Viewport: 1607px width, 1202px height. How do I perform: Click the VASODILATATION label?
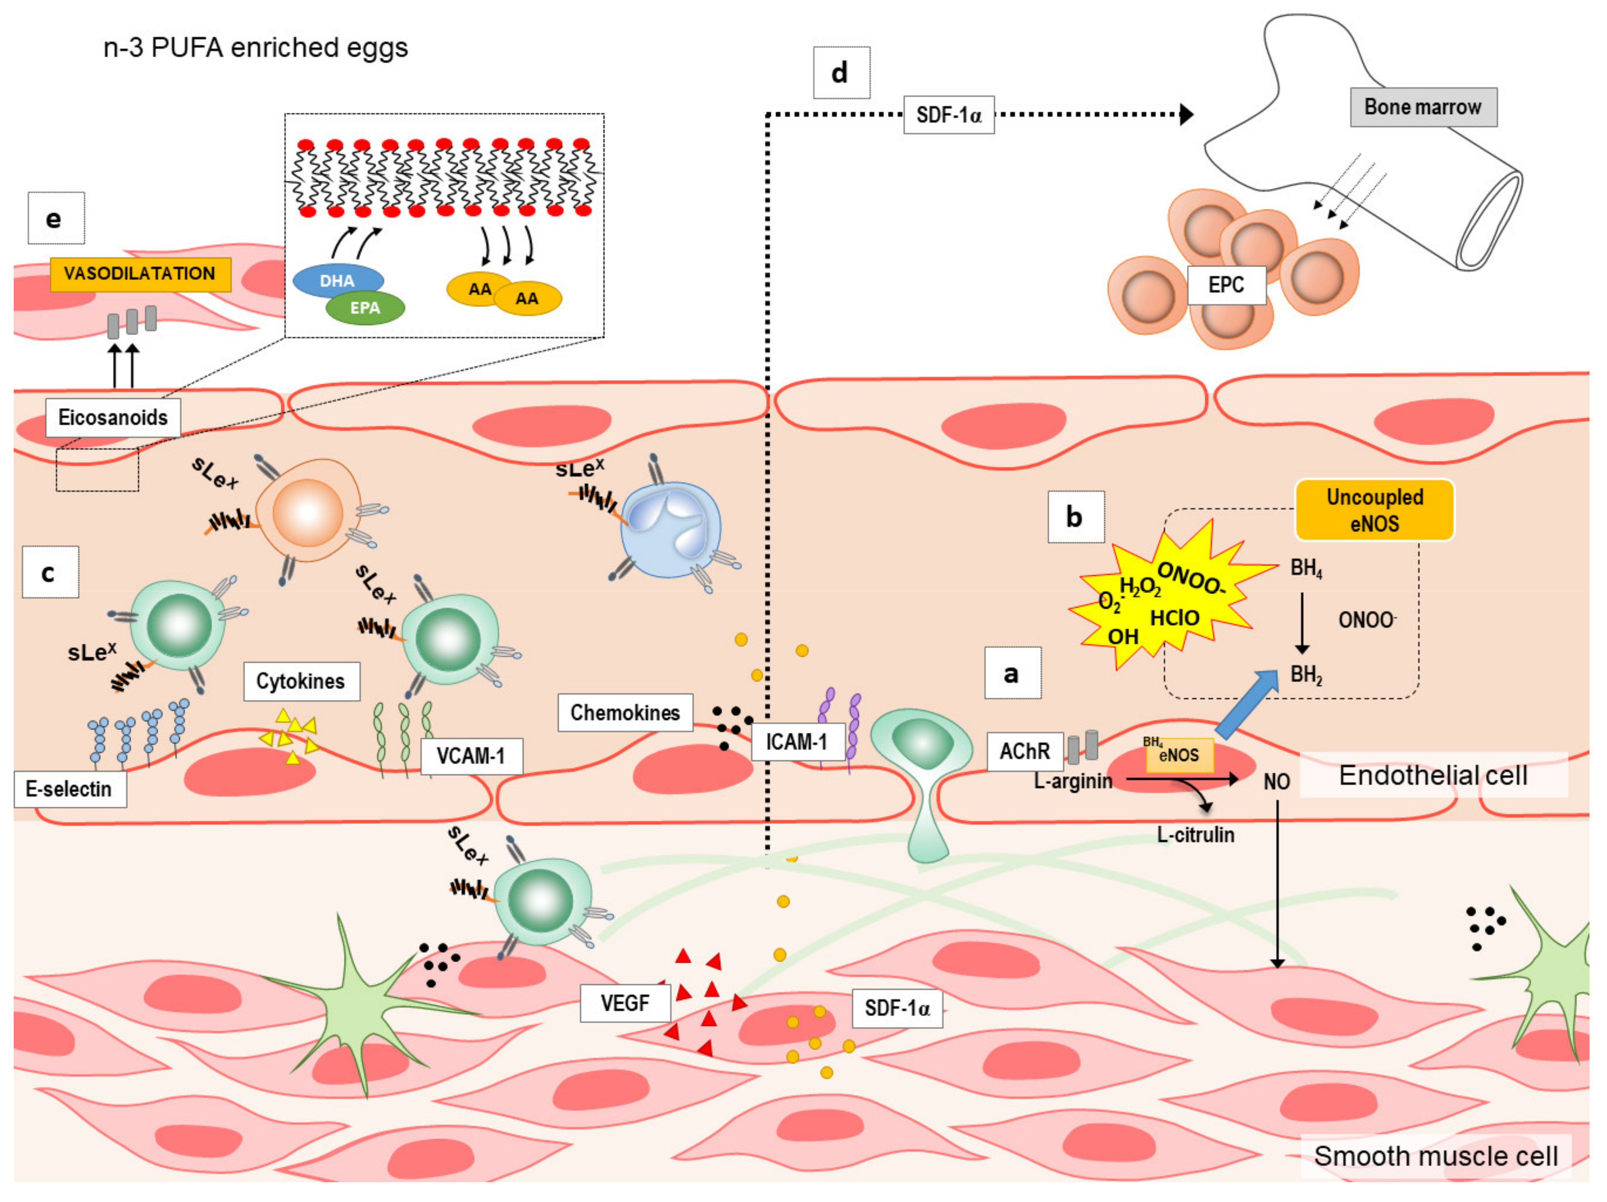click(x=140, y=274)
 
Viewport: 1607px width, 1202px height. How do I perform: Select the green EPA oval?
click(x=365, y=308)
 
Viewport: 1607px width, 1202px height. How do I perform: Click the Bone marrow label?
click(x=1423, y=107)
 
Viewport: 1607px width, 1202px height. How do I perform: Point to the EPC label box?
click(x=1226, y=285)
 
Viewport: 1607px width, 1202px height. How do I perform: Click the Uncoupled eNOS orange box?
click(x=1374, y=510)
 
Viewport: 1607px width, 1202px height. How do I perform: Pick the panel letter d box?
click(x=841, y=73)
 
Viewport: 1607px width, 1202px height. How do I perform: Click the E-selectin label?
click(x=70, y=789)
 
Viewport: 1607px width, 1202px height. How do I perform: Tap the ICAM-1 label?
click(x=798, y=742)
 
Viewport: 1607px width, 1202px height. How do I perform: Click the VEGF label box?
click(x=625, y=1003)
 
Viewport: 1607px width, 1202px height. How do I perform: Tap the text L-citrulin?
click(x=1196, y=834)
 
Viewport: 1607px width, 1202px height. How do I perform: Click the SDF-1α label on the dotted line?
click(x=949, y=115)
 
